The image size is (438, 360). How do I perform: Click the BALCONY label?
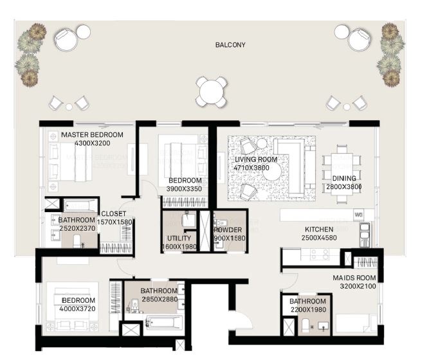click(x=230, y=45)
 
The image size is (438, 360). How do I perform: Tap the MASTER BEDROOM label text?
click(x=92, y=135)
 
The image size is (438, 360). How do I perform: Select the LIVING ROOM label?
click(x=255, y=159)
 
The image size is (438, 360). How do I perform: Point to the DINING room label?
click(x=344, y=179)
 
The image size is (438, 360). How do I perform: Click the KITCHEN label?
click(x=318, y=230)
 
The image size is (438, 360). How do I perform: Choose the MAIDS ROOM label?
click(x=354, y=278)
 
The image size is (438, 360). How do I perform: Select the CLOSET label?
click(x=112, y=215)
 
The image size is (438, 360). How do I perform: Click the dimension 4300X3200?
click(x=92, y=143)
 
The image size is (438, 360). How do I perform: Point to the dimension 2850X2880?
click(x=159, y=300)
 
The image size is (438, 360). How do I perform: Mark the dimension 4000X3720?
click(x=78, y=309)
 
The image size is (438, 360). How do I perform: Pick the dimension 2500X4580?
click(x=318, y=238)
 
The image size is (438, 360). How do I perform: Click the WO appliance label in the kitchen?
click(x=359, y=215)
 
